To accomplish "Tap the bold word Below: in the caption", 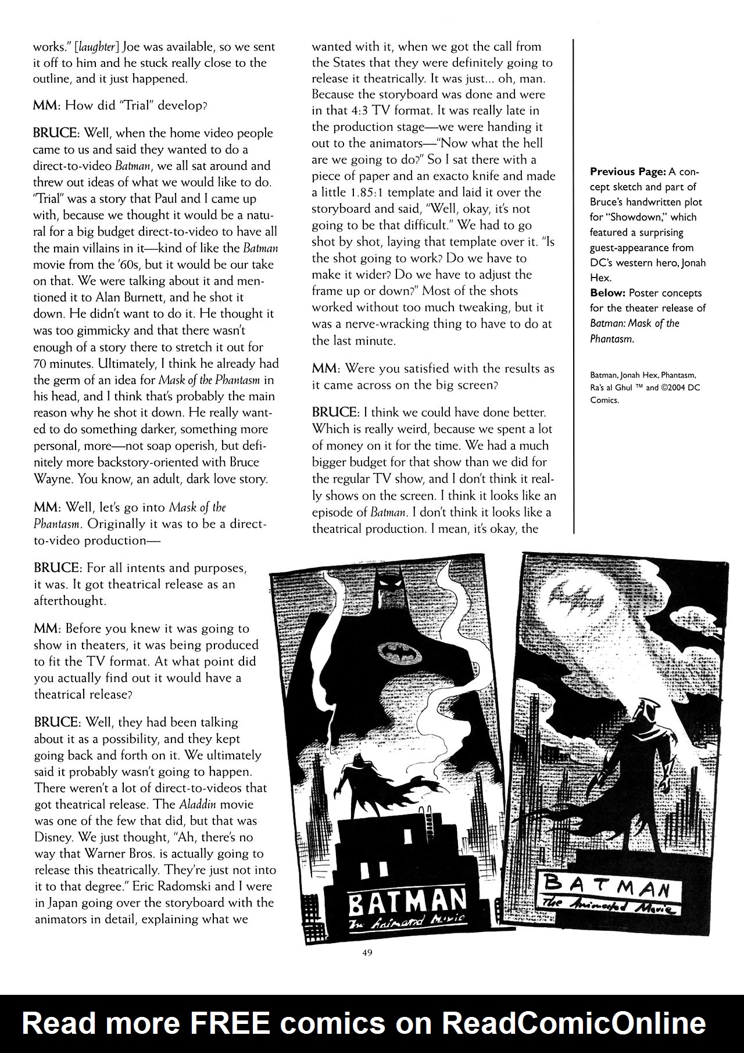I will tap(608, 293).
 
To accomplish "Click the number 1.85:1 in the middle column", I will tap(349, 193).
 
